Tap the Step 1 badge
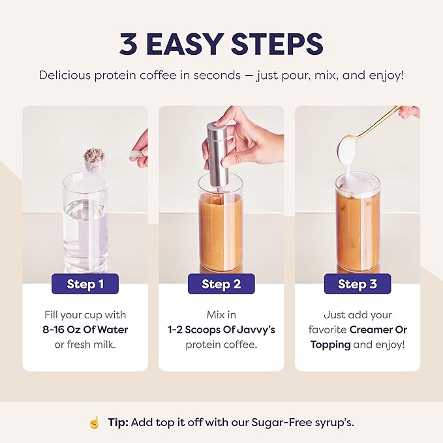coord(85,284)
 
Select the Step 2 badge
coord(221,284)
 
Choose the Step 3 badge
coord(357,284)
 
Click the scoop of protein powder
coord(94,157)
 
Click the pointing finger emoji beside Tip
coord(94,422)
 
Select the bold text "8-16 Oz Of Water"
coord(85,329)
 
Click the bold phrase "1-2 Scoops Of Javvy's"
coord(221,329)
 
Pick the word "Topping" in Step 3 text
coord(330,344)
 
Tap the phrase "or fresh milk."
coord(85,344)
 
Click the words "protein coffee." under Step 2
coord(221,344)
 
